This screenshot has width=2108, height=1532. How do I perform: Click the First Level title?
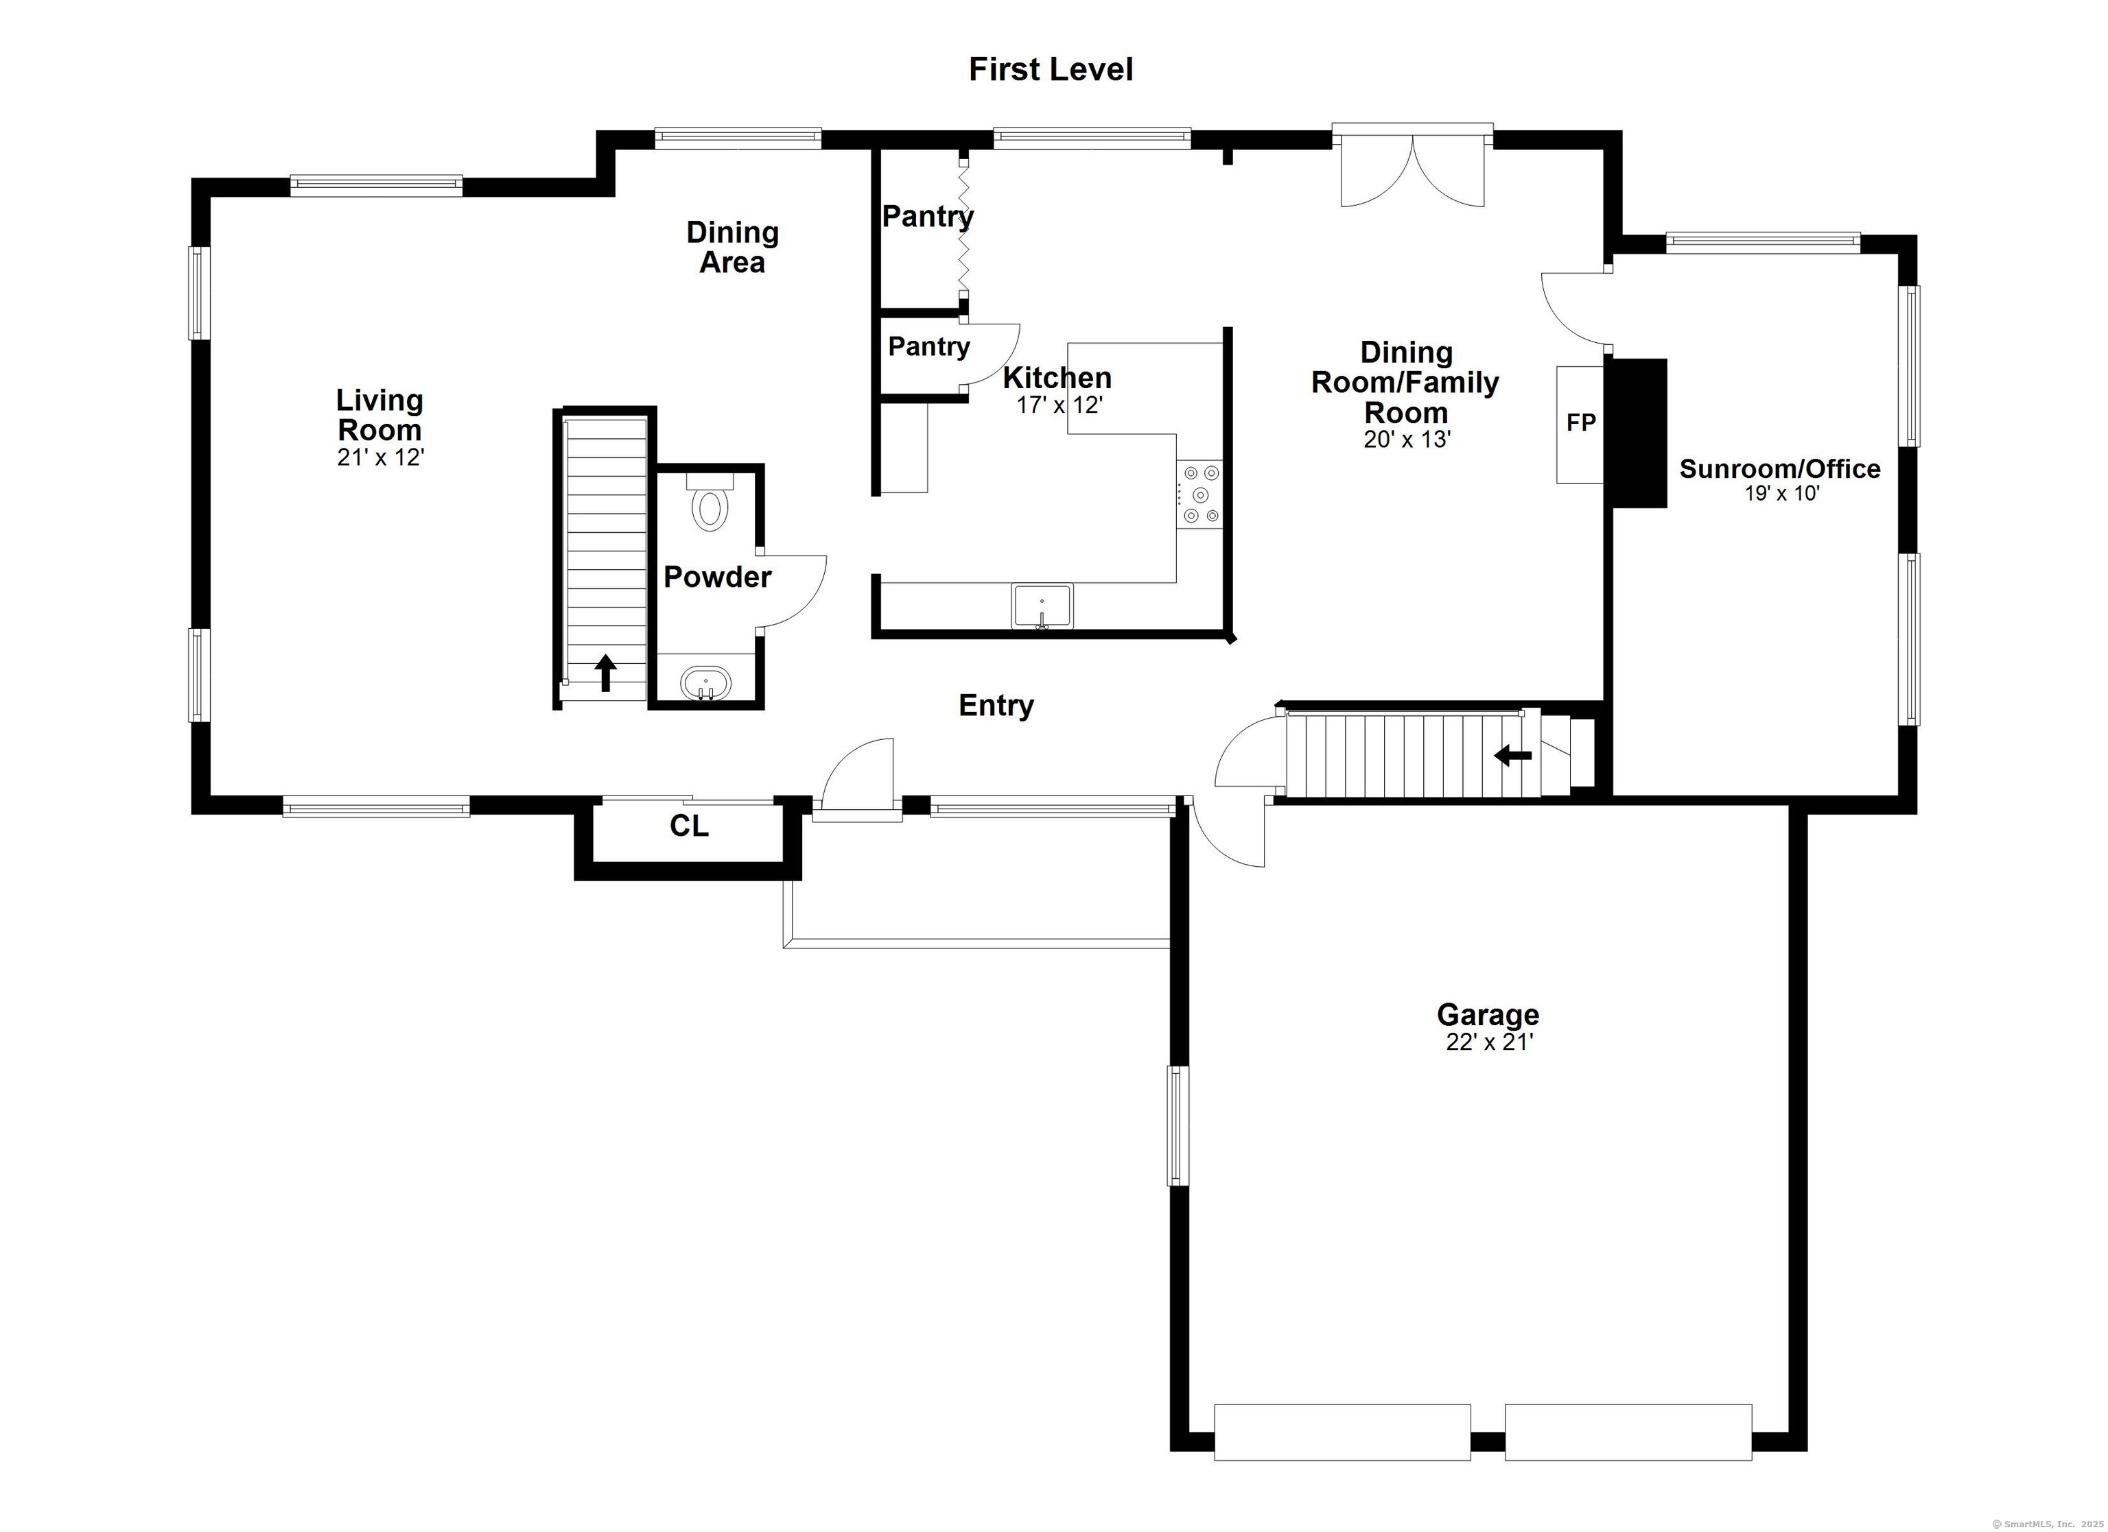click(1051, 70)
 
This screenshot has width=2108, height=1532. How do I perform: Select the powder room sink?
click(705, 684)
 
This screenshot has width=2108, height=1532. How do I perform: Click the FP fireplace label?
click(1581, 422)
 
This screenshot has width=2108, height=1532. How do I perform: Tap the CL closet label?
click(689, 826)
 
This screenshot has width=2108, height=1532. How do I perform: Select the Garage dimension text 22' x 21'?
click(1488, 1042)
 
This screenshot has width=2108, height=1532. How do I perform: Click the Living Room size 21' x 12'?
click(380, 457)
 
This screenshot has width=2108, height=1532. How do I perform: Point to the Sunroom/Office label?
click(1779, 468)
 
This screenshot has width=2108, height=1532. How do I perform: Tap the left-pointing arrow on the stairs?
click(1512, 756)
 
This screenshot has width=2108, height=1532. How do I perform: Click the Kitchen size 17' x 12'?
click(1059, 405)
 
